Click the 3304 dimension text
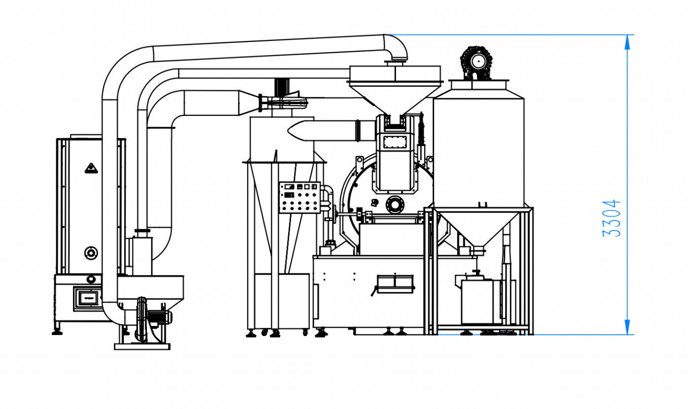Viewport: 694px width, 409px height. pos(612,218)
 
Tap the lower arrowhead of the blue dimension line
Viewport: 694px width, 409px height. pos(627,327)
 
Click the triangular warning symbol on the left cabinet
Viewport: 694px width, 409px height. pos(91,168)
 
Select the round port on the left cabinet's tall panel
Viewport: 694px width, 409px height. pos(91,253)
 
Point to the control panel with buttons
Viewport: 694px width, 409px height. pos(299,197)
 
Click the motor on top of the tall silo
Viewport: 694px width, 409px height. pos(476,62)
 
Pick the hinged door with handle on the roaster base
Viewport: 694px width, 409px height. pos(395,284)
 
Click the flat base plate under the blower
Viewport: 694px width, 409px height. pos(142,346)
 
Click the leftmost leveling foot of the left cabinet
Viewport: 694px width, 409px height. pos(57,332)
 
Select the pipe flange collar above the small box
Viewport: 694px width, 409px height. pos(142,230)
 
